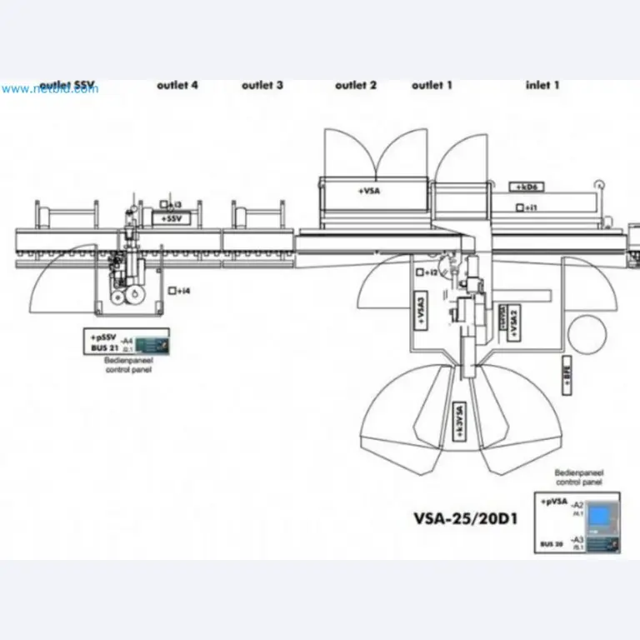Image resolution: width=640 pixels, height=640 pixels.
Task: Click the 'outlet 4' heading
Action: coord(177,85)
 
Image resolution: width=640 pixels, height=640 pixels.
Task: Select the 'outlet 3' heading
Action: coord(262,85)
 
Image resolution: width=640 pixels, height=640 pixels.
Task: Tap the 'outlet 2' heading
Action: coord(356,85)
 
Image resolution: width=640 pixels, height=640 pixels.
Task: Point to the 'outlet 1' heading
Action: coord(432,85)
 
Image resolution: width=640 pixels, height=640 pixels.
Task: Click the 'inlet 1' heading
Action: coord(542,85)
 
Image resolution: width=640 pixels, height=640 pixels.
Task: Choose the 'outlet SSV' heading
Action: coord(67,85)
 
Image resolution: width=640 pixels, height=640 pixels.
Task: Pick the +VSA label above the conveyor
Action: coord(369,191)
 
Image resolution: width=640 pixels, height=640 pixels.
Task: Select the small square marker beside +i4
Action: coord(171,291)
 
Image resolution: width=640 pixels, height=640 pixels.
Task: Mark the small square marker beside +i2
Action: coord(420,272)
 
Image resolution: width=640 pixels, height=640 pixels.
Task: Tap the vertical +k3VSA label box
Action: coord(458,420)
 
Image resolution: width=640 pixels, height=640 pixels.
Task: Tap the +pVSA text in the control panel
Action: coord(555,502)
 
